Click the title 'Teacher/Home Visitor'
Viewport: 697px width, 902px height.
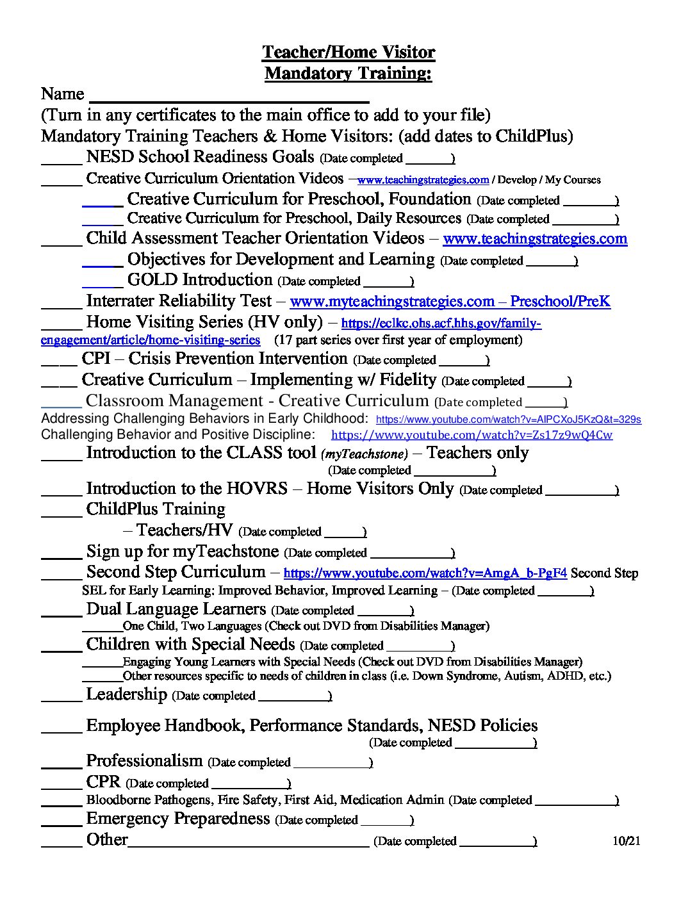348,52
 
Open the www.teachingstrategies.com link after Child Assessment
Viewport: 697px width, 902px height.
535,239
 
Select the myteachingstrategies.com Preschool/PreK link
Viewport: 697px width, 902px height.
450,301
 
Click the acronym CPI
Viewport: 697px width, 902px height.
96,359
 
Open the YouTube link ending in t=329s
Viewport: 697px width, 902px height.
508,420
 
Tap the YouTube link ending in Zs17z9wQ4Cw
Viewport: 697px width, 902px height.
471,435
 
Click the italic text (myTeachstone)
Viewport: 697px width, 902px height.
364,454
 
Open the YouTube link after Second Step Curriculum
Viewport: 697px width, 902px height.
425,573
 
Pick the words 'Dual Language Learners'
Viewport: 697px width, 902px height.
176,609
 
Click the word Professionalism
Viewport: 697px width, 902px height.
144,761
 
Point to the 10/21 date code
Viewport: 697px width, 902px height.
626,841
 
